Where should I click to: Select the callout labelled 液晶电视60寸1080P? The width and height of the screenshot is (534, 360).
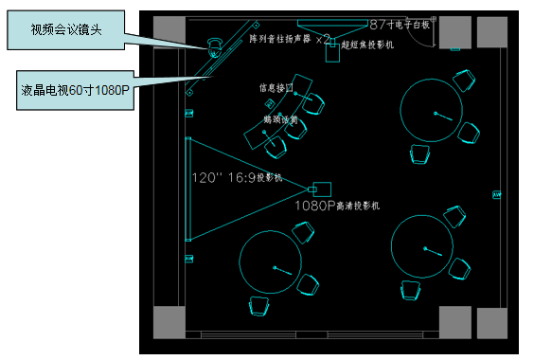click(76, 90)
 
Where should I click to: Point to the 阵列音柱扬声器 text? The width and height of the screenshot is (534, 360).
click(280, 39)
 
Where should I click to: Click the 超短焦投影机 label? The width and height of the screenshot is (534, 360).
click(369, 45)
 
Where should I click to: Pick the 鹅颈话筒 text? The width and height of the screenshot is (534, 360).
click(282, 121)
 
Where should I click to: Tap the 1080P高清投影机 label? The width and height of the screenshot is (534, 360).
click(337, 205)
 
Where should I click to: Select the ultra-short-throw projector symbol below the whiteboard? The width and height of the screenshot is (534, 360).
click(333, 53)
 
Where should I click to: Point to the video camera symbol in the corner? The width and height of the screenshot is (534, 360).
click(214, 45)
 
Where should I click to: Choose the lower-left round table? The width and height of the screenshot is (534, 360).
click(276, 266)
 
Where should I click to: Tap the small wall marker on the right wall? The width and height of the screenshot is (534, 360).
click(495, 196)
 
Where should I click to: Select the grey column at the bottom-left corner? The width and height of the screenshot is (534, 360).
click(168, 322)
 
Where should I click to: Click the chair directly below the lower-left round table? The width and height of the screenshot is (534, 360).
click(257, 304)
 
